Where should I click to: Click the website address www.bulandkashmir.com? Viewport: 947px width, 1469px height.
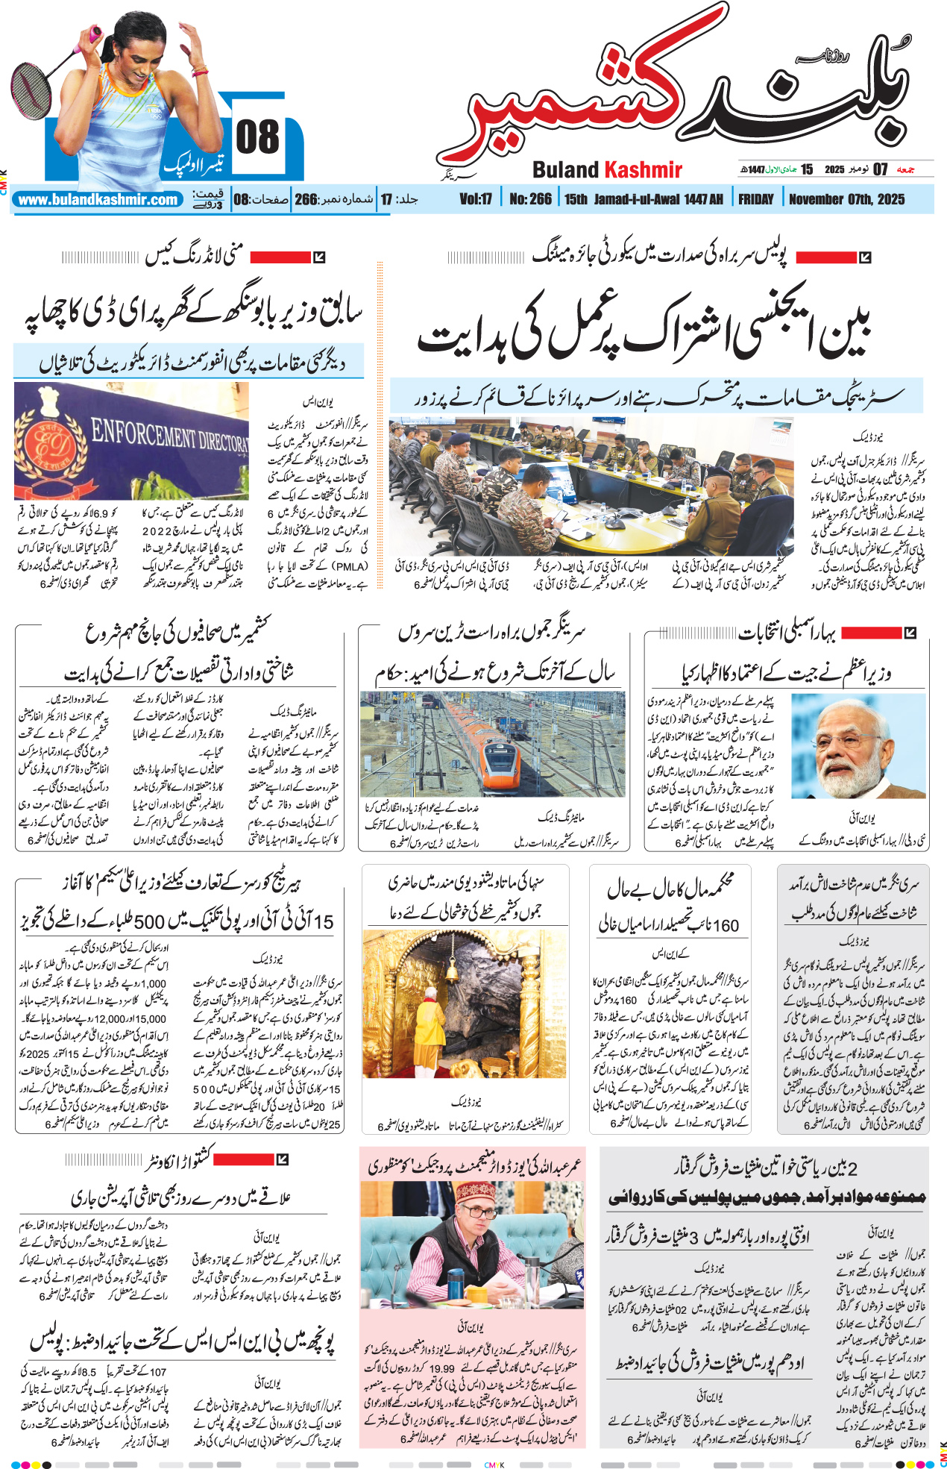[98, 200]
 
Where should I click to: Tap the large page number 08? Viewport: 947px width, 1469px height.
[257, 138]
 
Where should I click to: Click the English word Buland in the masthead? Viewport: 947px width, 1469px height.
[566, 170]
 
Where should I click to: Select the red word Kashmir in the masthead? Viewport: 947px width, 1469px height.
[643, 170]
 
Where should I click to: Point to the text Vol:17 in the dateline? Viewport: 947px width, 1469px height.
[476, 199]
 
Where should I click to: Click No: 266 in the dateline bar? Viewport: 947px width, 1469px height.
[530, 199]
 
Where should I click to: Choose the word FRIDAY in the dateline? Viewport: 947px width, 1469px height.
[755, 199]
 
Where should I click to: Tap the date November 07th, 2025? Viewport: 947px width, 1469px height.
[846, 199]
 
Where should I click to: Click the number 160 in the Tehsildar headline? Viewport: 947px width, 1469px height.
[725, 926]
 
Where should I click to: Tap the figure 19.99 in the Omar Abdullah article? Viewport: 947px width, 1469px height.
[441, 1368]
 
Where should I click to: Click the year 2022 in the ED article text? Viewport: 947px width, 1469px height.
[157, 530]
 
